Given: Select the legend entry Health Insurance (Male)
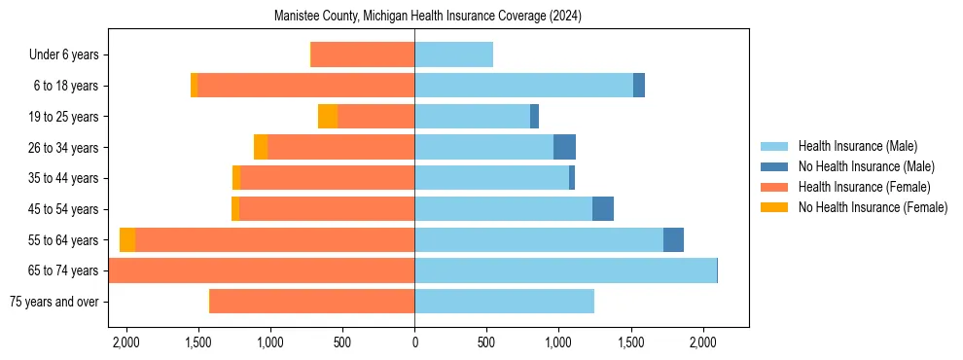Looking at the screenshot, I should (x=857, y=146).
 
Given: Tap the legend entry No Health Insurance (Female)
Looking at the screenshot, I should (x=872, y=207).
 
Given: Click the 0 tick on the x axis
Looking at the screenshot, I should (x=414, y=342).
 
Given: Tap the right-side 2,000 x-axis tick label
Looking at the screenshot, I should (x=702, y=342).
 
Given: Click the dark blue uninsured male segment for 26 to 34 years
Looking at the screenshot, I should (x=564, y=147).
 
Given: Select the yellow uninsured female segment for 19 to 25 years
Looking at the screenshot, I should (x=328, y=117).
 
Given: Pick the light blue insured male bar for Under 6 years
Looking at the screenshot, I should (x=453, y=55).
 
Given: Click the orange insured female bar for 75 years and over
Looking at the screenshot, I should (x=311, y=302).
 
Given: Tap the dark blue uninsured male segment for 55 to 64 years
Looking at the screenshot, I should (x=673, y=239).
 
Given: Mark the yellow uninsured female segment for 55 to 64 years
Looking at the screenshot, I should (x=127, y=239).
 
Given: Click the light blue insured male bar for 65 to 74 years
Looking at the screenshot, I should (x=564, y=270).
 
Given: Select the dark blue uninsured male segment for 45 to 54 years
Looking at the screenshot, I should (x=603, y=209).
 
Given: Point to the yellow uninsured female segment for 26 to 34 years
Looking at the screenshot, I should (x=261, y=147).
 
